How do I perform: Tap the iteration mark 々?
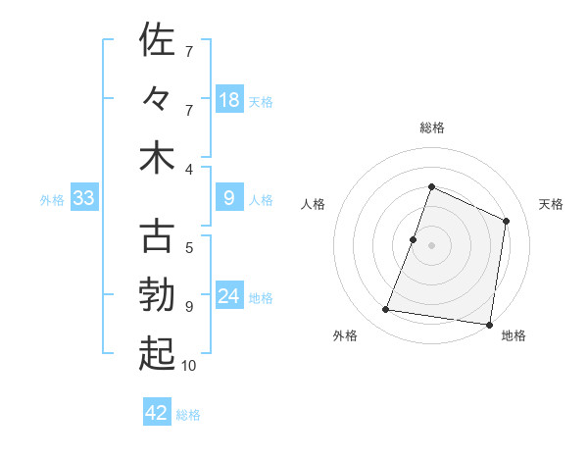158,100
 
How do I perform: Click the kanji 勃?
158,296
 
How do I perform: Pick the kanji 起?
158,355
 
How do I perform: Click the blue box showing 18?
229,99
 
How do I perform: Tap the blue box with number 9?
229,198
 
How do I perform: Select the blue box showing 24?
229,296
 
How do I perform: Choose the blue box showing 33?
84,198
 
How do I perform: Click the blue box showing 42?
157,413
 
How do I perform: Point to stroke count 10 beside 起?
189,366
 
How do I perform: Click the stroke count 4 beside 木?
189,169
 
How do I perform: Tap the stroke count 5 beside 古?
189,247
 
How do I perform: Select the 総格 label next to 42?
188,415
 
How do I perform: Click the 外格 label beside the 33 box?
52,200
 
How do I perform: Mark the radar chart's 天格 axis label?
552,204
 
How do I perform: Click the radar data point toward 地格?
488,324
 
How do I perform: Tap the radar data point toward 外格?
386,310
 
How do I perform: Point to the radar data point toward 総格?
431,187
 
